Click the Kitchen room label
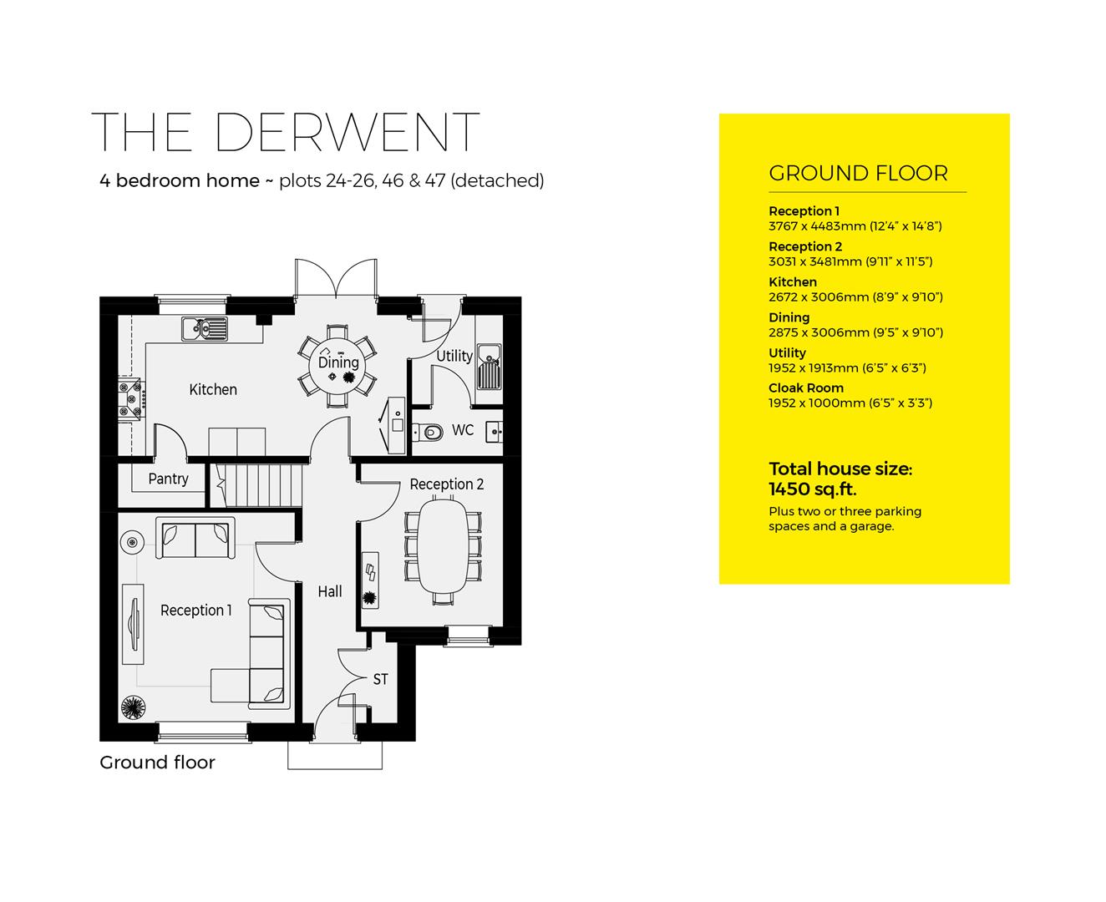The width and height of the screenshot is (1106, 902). [213, 389]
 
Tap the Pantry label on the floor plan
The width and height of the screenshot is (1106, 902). [168, 479]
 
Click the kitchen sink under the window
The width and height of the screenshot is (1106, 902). [204, 328]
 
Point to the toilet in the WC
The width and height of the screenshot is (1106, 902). [430, 432]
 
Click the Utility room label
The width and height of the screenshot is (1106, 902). [454, 356]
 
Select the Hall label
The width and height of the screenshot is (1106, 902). [330, 591]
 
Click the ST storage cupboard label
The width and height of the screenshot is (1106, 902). [380, 679]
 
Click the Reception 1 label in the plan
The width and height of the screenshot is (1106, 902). [196, 611]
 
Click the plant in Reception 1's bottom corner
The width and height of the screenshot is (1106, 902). [132, 707]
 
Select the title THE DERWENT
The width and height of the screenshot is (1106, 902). [286, 132]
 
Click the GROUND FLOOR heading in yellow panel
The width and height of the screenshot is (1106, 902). [858, 174]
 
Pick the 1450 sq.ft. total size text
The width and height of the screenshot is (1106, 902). [812, 489]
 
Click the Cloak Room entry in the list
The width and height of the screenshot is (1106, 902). [805, 388]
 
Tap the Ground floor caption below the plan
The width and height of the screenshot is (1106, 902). [157, 763]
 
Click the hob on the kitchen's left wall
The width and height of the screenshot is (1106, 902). [132, 398]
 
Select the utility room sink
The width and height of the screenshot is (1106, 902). [489, 367]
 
